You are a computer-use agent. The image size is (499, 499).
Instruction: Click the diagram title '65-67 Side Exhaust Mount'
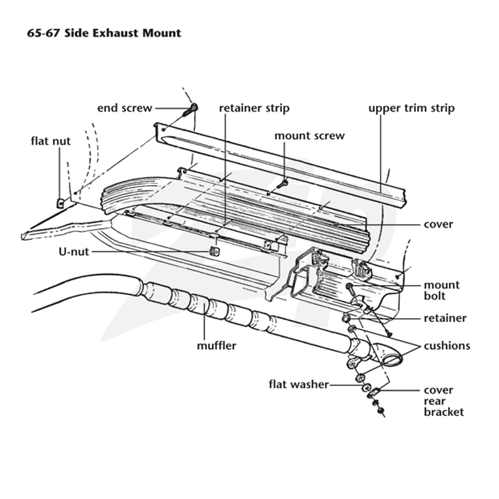pyautogui.click(x=104, y=33)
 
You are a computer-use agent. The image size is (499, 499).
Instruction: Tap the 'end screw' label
pyautogui.click(x=125, y=108)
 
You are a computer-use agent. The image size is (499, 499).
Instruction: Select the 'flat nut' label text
pyautogui.click(x=51, y=141)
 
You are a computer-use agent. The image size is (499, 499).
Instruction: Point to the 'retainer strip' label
pyautogui.click(x=254, y=108)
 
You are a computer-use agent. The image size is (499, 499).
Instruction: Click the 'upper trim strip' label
pyautogui.click(x=412, y=109)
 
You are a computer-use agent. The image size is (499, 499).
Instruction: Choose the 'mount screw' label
pyautogui.click(x=309, y=136)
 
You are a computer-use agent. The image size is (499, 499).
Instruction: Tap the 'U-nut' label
pyautogui.click(x=74, y=252)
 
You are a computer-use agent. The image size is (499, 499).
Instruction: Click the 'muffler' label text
pyautogui.click(x=216, y=346)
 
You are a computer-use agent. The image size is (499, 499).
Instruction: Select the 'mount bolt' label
pyautogui.click(x=442, y=290)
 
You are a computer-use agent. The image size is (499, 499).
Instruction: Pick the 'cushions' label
pyautogui.click(x=447, y=346)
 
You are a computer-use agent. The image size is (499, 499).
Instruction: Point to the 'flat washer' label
pyautogui.click(x=299, y=384)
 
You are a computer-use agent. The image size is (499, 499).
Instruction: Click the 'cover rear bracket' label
pyautogui.click(x=443, y=401)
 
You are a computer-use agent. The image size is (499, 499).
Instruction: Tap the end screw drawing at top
pyautogui.click(x=191, y=110)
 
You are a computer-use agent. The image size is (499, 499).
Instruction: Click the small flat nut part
pyautogui.click(x=61, y=203)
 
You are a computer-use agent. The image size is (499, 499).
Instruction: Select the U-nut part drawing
pyautogui.click(x=215, y=251)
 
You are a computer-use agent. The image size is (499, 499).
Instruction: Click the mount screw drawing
pyautogui.click(x=282, y=183)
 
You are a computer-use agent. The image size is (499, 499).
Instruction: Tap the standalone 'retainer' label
pyautogui.click(x=445, y=318)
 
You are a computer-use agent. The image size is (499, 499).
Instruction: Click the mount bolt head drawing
pyautogui.click(x=349, y=286)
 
